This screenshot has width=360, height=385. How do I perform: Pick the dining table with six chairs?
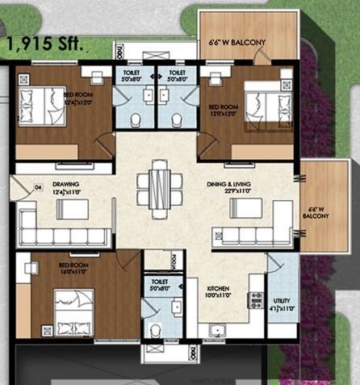click(x=158, y=185)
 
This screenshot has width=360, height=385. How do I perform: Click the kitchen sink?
click(x=216, y=329)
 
